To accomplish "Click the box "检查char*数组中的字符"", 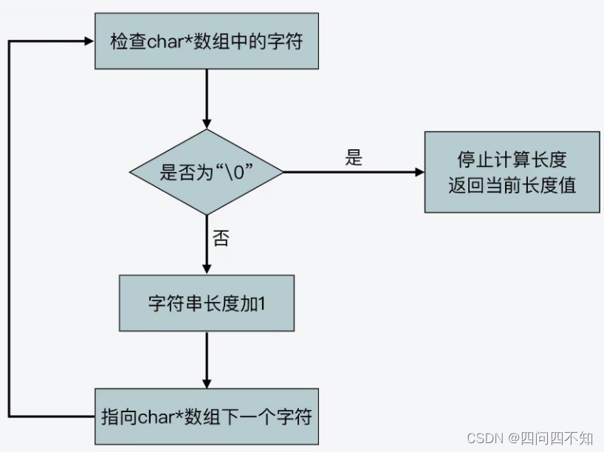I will (x=207, y=41).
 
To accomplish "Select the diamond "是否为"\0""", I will (x=207, y=172).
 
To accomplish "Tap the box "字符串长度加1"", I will (x=207, y=304).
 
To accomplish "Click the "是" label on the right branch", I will (x=354, y=157).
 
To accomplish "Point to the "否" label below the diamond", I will (x=221, y=237).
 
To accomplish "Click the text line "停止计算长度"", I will (x=512, y=160).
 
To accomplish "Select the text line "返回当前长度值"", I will (x=512, y=185).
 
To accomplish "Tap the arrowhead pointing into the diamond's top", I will (x=207, y=123).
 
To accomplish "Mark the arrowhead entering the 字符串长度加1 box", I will (x=207, y=270).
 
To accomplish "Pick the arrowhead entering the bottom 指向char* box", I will (x=207, y=383).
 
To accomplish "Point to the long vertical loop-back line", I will (x=10, y=229).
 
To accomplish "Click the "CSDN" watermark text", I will (x=484, y=438).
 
